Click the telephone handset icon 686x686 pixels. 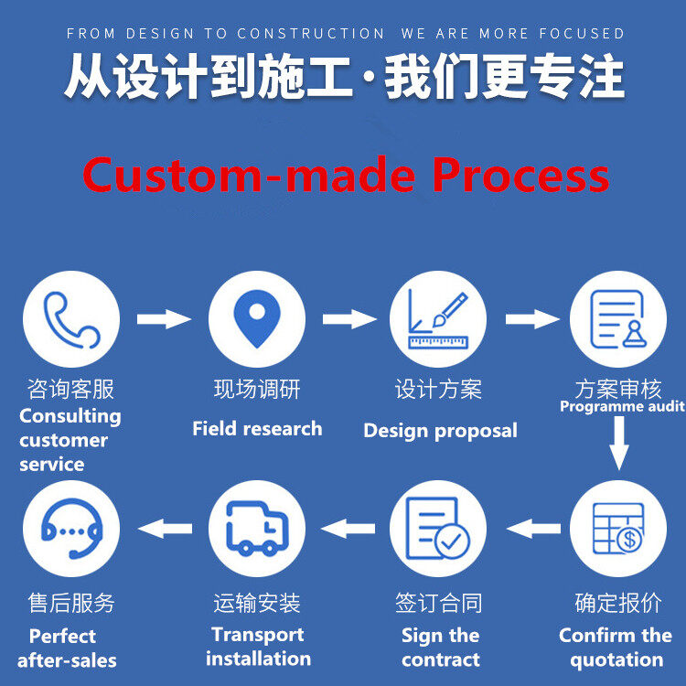coord(70,319)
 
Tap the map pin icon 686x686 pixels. coord(257,319)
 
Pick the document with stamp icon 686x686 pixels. coord(618,319)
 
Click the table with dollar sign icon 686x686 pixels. coord(618,529)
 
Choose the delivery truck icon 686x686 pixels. coord(257,529)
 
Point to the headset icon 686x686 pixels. coord(70,529)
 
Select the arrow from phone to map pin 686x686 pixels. coord(164,319)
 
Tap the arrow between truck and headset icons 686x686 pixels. coord(164,528)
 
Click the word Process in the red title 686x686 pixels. coord(520,175)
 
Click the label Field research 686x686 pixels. coord(257,428)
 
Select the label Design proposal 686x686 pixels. coord(440,430)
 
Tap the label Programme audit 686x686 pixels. coord(622,407)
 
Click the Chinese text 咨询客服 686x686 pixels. coord(70,389)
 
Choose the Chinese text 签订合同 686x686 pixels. coord(439,603)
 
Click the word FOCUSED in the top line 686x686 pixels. coord(584,34)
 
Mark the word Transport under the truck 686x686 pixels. coord(258,635)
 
